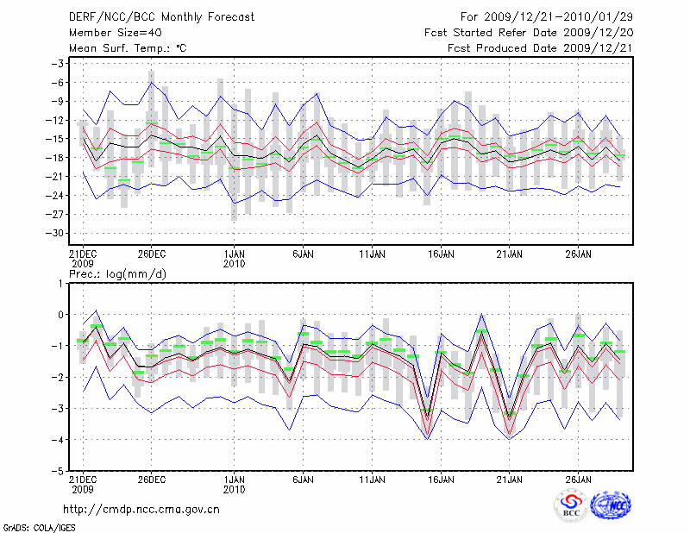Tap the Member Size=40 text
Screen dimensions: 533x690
point(109,33)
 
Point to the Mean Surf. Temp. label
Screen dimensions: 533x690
point(127,48)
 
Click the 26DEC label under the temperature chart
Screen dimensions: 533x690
point(151,254)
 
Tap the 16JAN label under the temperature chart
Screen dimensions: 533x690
point(441,254)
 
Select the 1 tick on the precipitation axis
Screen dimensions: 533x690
point(62,283)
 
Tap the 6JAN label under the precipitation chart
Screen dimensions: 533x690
point(302,480)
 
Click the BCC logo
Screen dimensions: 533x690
point(571,505)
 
